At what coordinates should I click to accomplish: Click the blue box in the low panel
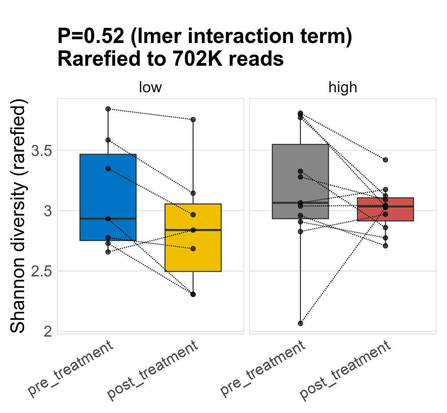click(108, 186)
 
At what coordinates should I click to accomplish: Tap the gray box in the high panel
click(300, 172)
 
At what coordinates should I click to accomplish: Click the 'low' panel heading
click(150, 87)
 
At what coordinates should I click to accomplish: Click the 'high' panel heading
click(343, 87)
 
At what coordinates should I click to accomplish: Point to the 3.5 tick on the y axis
click(41, 150)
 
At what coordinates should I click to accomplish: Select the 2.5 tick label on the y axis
click(41, 271)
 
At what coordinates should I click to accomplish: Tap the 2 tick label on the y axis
click(48, 331)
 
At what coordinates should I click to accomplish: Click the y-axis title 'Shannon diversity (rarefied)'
click(18, 216)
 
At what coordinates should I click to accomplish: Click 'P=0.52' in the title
click(90, 36)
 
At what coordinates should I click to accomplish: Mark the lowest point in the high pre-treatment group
click(300, 324)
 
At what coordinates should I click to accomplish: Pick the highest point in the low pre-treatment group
click(108, 109)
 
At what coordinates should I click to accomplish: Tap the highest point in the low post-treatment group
click(193, 119)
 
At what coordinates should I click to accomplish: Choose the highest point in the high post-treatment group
click(385, 160)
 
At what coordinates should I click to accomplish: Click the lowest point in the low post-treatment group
click(193, 294)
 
